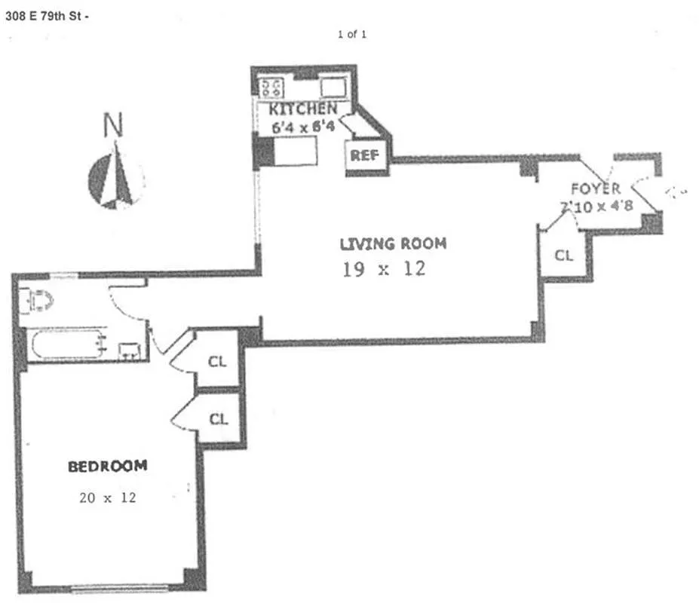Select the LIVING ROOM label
[393, 243]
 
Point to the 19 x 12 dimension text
[384, 268]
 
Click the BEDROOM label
[107, 466]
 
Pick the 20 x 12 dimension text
[107, 497]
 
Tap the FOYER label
[595, 188]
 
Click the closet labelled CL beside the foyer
[563, 255]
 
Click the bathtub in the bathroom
[66, 345]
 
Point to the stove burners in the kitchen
[271, 87]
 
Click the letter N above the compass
[114, 124]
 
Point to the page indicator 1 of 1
[352, 34]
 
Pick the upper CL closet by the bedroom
[217, 361]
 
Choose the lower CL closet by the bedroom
[219, 419]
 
